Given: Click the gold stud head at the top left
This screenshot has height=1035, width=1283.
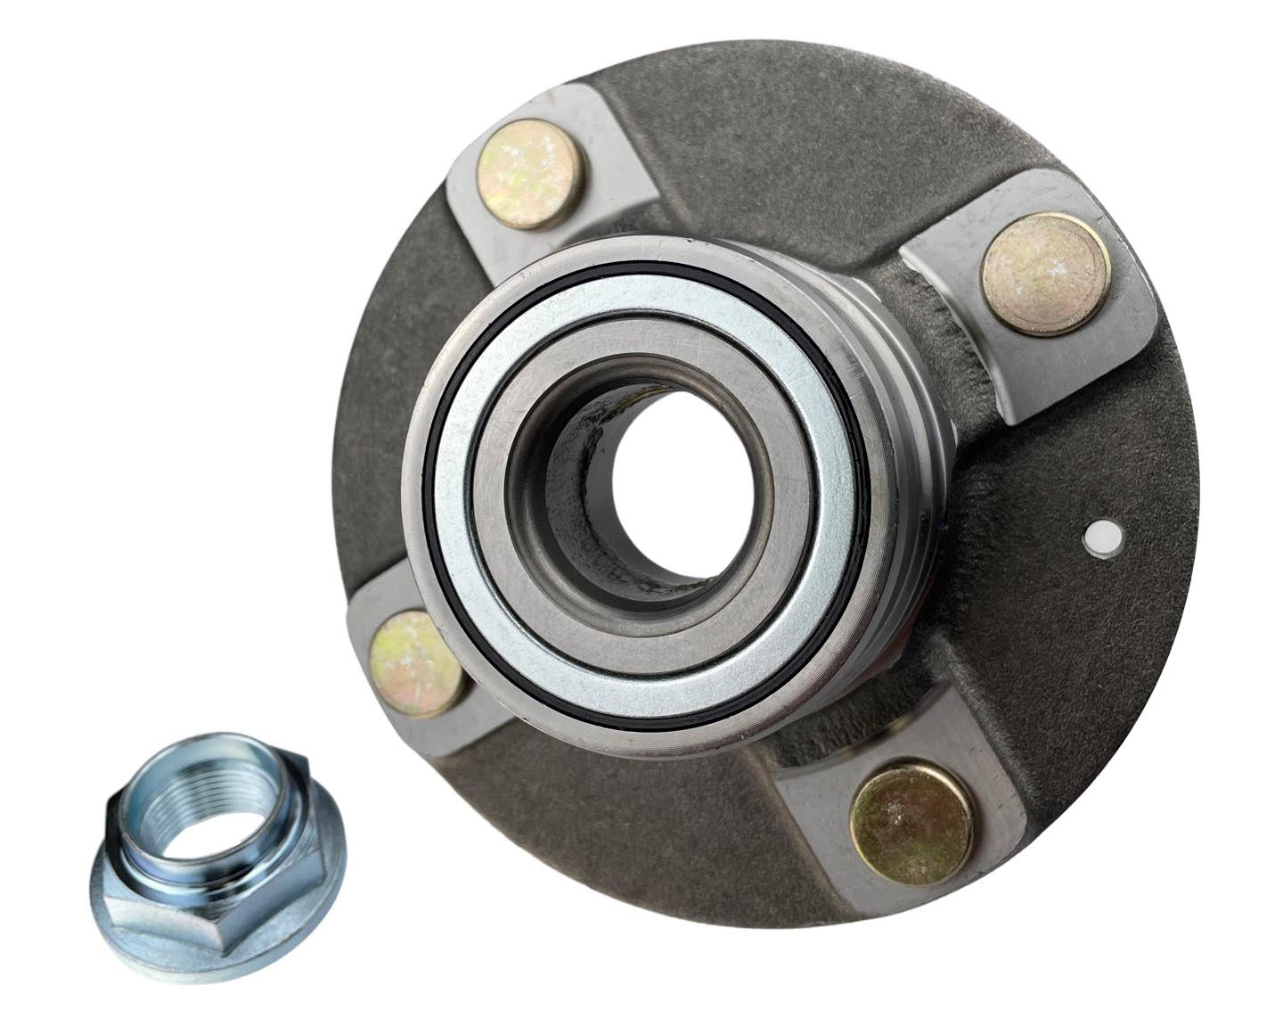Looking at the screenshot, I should tap(529, 162).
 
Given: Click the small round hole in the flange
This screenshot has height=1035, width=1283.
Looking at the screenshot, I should tap(1102, 538).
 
